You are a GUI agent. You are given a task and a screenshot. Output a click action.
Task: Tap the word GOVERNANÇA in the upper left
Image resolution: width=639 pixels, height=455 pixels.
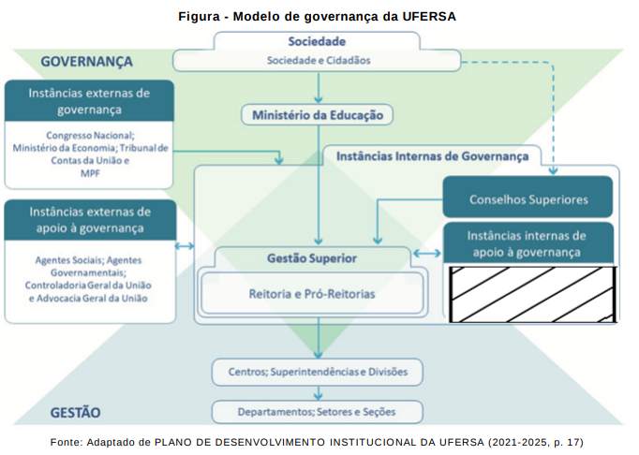[87, 62]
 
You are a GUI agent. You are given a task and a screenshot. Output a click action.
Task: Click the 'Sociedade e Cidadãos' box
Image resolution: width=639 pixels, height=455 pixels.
[319, 61]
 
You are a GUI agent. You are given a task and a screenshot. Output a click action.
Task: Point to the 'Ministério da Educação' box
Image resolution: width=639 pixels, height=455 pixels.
[318, 115]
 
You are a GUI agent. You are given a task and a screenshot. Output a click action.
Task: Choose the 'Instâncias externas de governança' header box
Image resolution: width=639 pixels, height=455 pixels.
[89, 101]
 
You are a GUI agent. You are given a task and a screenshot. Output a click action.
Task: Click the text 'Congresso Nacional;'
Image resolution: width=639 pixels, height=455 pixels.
[89, 135]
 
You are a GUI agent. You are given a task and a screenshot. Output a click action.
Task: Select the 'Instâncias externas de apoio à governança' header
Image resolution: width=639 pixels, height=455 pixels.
[89, 220]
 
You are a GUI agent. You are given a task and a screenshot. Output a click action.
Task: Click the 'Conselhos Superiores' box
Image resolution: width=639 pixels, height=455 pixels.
[528, 199]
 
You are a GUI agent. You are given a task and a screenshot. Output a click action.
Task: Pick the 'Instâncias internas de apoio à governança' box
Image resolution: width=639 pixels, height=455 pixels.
[528, 243]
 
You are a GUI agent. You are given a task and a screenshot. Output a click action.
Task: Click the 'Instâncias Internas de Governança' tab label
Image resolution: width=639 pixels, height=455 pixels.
[432, 156]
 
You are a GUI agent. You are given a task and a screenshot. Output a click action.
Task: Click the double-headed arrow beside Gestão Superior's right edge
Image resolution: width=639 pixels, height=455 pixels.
[426, 254]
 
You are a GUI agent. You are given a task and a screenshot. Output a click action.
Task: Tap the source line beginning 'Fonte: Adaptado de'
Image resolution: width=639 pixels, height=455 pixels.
[318, 441]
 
